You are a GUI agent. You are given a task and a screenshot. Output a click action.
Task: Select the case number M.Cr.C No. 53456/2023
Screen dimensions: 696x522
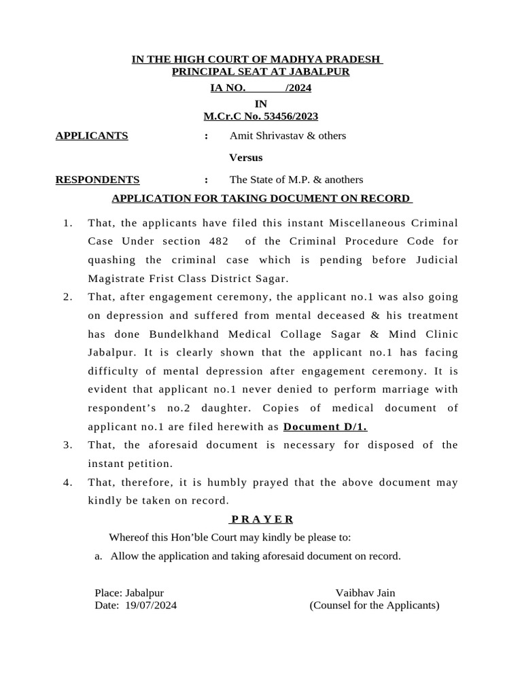point(261,116)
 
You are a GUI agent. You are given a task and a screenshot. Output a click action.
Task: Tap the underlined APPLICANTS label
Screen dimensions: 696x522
point(92,135)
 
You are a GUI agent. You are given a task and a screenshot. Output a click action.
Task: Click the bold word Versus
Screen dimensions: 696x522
point(246,158)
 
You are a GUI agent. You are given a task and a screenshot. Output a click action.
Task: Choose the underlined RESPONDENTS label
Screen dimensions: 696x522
point(97,179)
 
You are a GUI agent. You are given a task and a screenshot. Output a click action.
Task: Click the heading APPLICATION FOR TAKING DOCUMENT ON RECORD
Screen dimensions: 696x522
point(262,198)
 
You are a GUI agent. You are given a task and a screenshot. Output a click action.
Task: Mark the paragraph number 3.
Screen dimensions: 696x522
point(67,445)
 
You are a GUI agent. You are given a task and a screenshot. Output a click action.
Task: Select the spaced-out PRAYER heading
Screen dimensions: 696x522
point(262,519)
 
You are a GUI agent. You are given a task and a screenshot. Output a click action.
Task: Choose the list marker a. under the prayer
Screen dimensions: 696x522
point(99,556)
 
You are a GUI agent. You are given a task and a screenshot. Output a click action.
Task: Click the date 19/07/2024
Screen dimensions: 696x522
point(151,606)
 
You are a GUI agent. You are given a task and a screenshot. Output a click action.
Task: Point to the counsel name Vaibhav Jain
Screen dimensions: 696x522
point(365,593)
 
